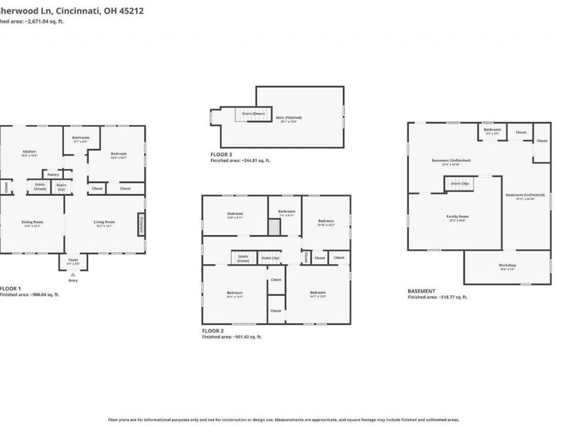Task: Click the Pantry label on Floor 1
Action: pyautogui.click(x=53, y=174)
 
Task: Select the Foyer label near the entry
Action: pyautogui.click(x=73, y=261)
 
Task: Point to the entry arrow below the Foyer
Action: pyautogui.click(x=73, y=275)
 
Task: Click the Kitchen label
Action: pyautogui.click(x=29, y=152)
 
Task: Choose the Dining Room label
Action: pyautogui.click(x=32, y=223)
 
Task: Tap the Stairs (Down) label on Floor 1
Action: pyautogui.click(x=40, y=187)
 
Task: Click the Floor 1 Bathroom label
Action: pyautogui.click(x=80, y=138)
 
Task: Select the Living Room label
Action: pyautogui.click(x=104, y=223)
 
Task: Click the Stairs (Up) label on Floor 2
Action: pyautogui.click(x=271, y=258)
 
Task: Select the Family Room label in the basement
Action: pyautogui.click(x=457, y=217)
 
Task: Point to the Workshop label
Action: pyautogui.click(x=507, y=266)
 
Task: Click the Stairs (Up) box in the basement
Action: pyautogui.click(x=459, y=184)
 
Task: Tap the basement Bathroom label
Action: pyautogui.click(x=492, y=131)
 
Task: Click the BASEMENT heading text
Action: pyautogui.click(x=422, y=290)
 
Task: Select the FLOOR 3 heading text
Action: pyautogui.click(x=221, y=154)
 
